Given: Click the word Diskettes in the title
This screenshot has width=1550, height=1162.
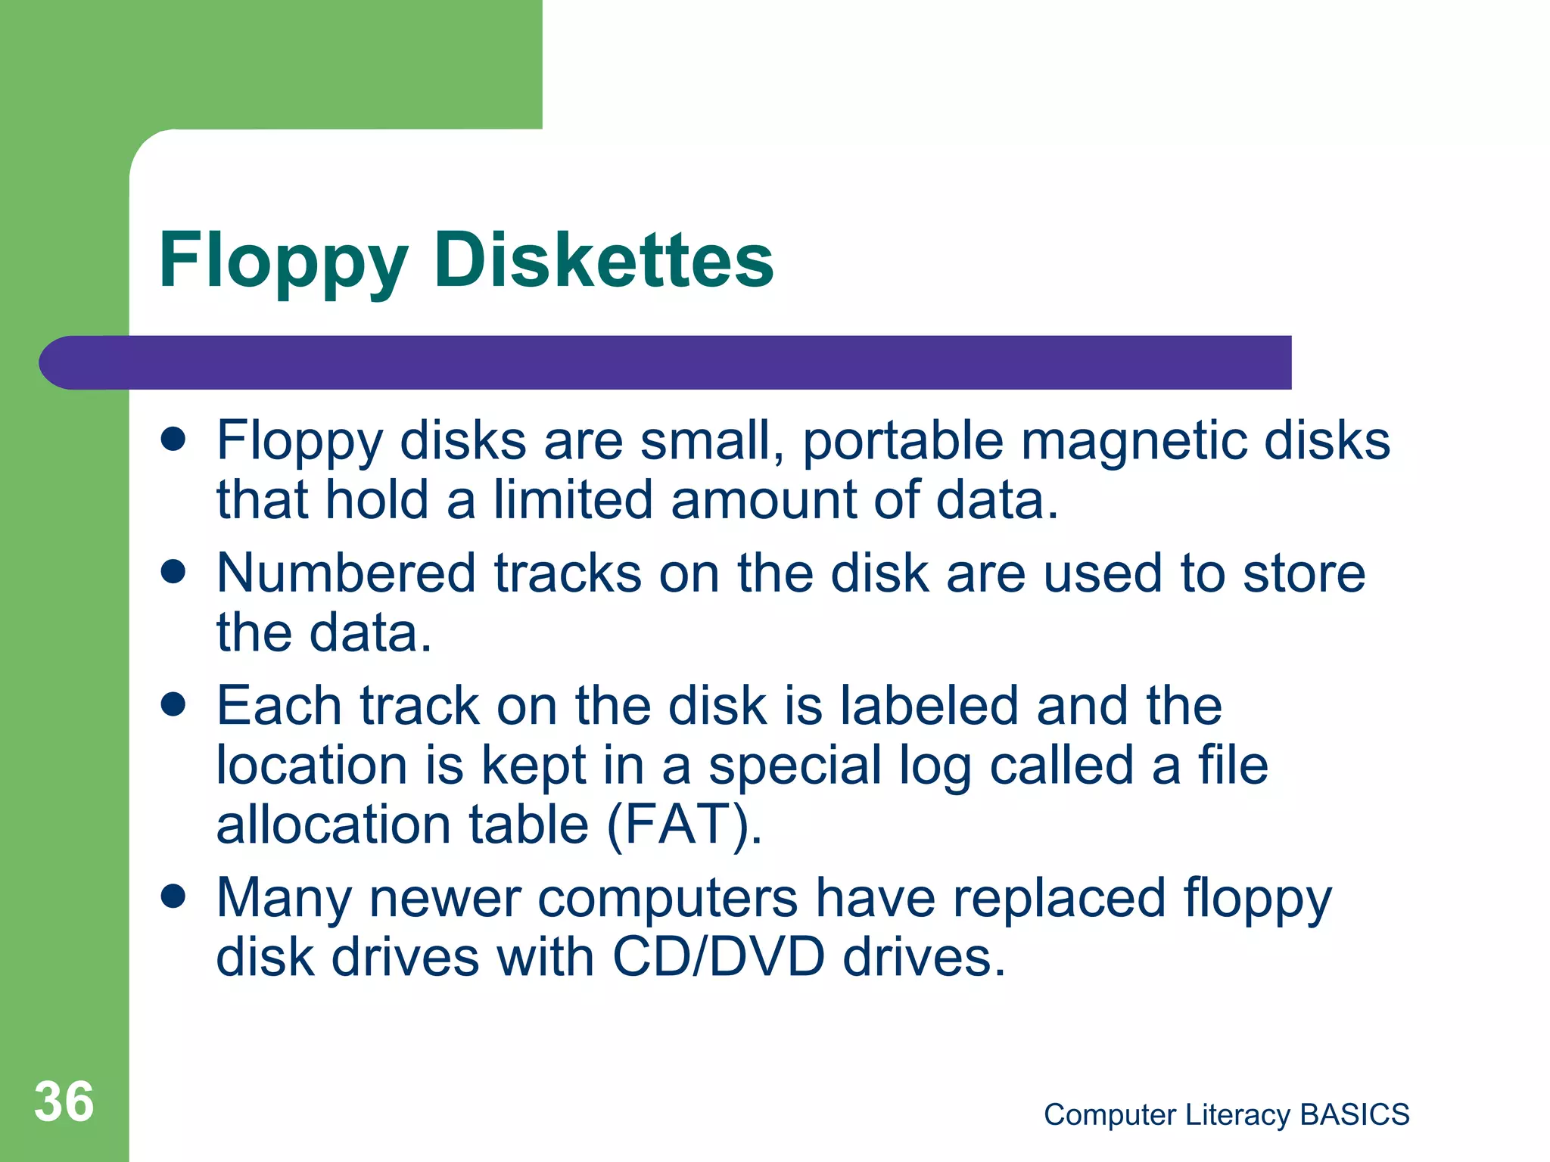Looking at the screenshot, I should tap(603, 260).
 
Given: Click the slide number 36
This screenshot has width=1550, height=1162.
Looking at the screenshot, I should tap(64, 1101).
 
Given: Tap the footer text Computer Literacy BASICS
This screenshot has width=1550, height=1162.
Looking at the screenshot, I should tap(1226, 1114).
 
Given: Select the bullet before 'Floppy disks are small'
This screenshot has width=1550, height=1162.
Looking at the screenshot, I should tap(173, 439).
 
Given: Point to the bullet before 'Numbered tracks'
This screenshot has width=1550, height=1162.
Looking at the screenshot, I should tap(173, 572).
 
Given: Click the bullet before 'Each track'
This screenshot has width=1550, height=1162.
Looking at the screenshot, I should tap(173, 705).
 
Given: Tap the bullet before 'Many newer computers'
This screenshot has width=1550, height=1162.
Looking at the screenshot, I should tap(173, 897).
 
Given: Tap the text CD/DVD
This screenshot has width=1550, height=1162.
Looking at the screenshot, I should tap(718, 958).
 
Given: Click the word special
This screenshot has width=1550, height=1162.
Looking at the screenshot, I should tap(795, 767).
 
